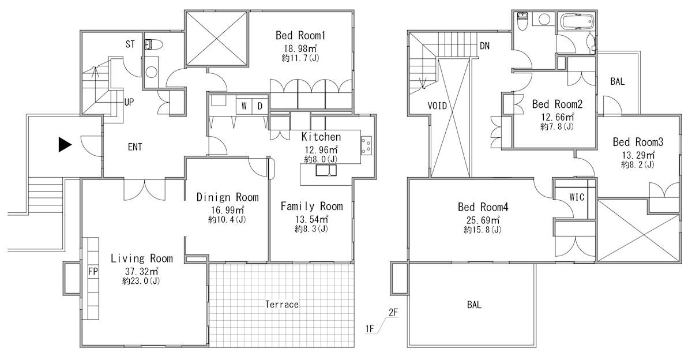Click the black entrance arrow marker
point(65,145)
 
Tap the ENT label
point(135,147)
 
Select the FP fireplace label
point(93,272)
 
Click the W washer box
point(244,106)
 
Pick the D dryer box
point(260,106)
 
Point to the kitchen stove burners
point(366,145)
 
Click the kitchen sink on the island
point(326,171)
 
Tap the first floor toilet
point(153,45)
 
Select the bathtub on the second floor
point(577,22)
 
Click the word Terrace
point(282,305)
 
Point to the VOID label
point(437,106)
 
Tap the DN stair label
point(485,46)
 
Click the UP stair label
point(129,102)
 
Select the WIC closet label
point(577,197)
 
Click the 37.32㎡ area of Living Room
point(141,271)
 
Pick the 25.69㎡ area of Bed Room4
point(483,220)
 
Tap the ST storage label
point(130,44)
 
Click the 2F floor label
point(393,313)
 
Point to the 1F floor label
point(370,328)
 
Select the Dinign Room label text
point(227,197)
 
